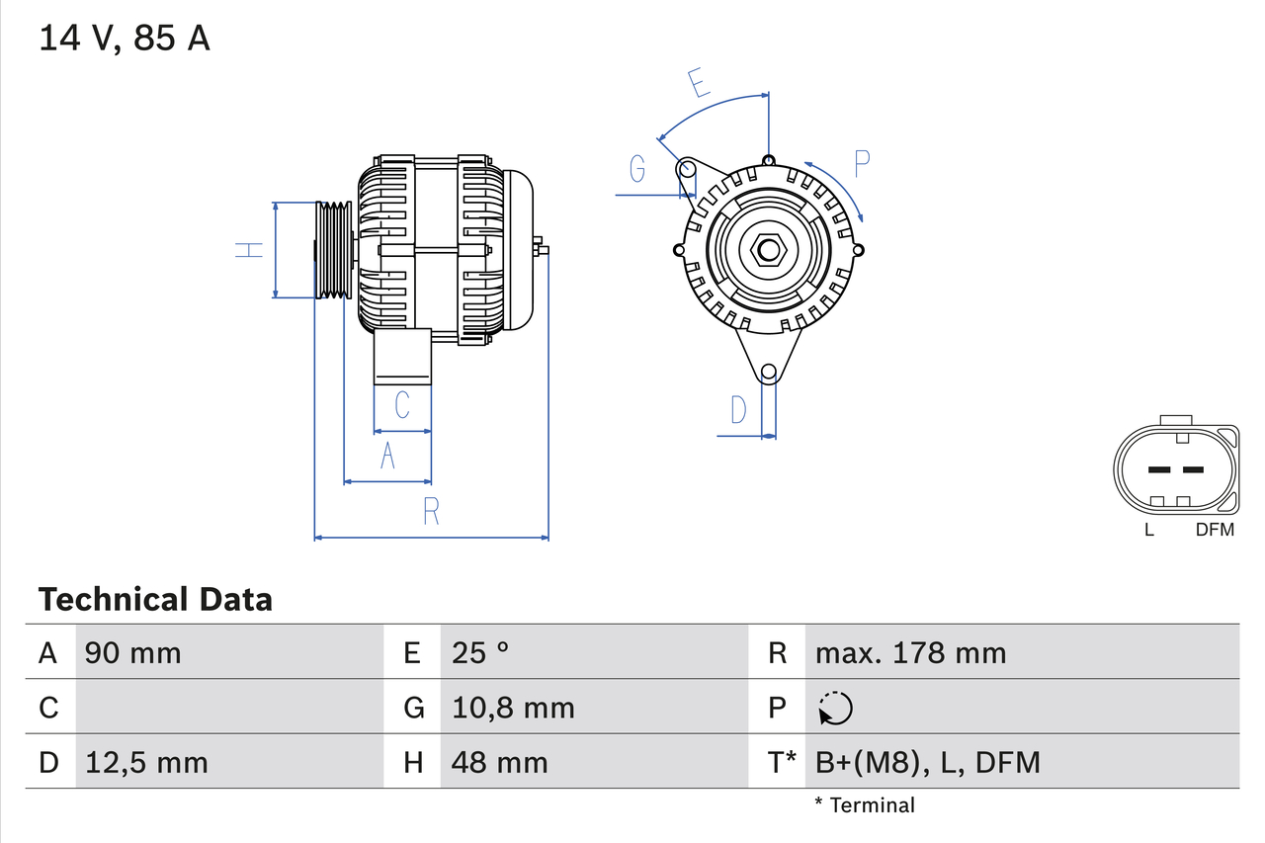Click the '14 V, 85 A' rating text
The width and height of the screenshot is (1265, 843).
coord(124,39)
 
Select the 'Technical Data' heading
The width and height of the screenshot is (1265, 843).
coord(155,599)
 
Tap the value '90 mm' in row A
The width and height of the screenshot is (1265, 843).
coord(133,652)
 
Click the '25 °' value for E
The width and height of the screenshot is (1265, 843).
coord(480,652)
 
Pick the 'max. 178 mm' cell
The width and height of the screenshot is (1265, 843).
coord(910,652)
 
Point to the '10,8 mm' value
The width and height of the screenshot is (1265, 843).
coord(513,708)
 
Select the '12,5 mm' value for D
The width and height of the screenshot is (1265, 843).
coord(146,762)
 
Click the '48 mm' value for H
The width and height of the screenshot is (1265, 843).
coord(499,762)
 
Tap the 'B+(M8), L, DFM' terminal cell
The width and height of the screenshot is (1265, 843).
coord(927,762)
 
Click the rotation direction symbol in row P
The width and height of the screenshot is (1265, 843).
coord(835,708)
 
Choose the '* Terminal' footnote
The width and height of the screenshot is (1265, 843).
coord(865,804)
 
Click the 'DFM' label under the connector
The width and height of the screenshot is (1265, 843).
coord(1215,530)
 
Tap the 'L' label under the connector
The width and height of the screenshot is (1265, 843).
coord(1148,530)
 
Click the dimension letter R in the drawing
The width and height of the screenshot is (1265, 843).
coord(431,512)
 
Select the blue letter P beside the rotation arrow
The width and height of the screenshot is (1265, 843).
coord(862,164)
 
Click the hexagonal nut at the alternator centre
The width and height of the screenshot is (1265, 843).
coord(768,250)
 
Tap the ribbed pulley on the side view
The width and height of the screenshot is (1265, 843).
coord(333,250)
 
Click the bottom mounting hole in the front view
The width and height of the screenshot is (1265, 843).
coord(768,373)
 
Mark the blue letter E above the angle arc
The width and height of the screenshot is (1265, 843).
coord(700,84)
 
